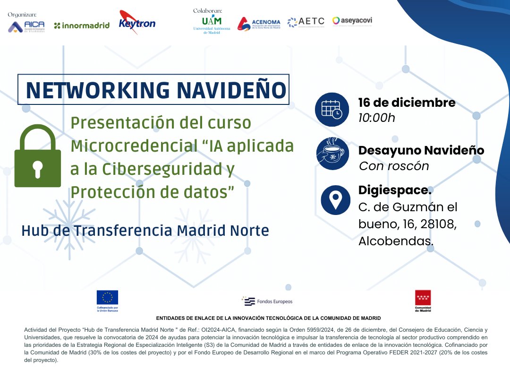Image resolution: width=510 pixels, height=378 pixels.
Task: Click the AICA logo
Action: click(26, 27)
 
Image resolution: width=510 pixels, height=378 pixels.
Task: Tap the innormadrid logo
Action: click(81, 26)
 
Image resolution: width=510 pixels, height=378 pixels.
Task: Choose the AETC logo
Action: click(306, 22)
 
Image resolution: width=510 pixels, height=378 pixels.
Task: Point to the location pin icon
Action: click(335, 199)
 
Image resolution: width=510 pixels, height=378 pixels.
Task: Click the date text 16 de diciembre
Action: click(407, 103)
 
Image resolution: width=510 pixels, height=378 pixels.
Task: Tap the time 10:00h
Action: click(377, 118)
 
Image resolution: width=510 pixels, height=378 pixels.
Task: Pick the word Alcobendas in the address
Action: click(396, 241)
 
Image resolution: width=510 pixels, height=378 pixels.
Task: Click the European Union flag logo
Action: click(107, 298)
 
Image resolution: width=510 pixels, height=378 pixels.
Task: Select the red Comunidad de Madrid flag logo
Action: click(423, 298)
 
